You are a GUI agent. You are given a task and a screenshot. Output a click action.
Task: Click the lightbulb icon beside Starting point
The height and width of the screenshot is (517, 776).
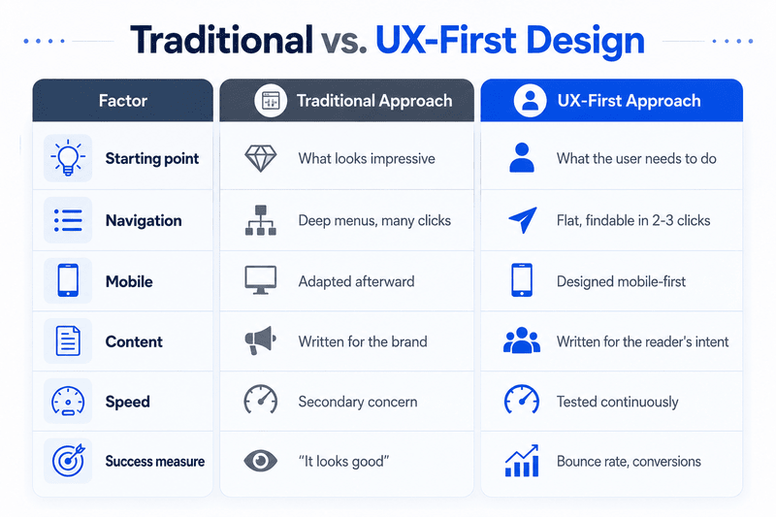coord(68,158)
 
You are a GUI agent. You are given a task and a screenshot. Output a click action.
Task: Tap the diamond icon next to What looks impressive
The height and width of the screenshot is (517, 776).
coord(261,158)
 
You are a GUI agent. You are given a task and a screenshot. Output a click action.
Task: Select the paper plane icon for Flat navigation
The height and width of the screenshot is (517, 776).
coord(523,219)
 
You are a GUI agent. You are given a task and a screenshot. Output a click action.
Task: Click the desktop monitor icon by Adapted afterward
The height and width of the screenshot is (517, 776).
coord(261,280)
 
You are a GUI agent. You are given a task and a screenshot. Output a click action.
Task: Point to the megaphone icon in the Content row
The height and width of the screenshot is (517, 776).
coord(260,340)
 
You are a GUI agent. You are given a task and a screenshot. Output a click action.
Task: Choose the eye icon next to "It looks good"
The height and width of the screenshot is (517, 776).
coord(261,461)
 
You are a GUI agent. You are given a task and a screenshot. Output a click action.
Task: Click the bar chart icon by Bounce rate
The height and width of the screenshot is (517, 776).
coord(522,461)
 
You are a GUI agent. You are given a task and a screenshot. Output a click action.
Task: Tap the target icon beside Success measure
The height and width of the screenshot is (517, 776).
coord(68,461)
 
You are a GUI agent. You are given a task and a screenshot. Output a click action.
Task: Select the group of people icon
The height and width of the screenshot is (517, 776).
coord(522,340)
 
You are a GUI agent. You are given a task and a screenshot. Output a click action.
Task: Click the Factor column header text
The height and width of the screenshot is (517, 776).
coord(123,101)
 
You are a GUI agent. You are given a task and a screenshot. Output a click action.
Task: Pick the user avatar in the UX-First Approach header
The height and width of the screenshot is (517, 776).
coord(530,101)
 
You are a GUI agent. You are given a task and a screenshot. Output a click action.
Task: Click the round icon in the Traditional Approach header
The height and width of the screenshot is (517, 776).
coord(271,101)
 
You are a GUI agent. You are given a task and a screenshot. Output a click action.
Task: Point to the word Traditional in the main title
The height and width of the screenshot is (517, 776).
coord(222,40)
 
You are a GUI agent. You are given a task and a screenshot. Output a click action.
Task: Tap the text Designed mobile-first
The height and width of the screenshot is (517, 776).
coord(621,281)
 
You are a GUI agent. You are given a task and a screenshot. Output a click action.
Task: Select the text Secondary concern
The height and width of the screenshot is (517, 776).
coord(358,402)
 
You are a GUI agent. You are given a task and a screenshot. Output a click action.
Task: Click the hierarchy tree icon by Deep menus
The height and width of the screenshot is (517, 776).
coord(261,220)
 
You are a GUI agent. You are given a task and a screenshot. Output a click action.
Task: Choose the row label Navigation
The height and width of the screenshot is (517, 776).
coord(144,220)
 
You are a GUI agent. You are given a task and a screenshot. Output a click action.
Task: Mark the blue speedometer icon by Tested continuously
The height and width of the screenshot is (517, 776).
coord(522,400)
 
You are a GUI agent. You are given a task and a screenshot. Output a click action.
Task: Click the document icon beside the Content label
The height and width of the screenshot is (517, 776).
coord(68,340)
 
